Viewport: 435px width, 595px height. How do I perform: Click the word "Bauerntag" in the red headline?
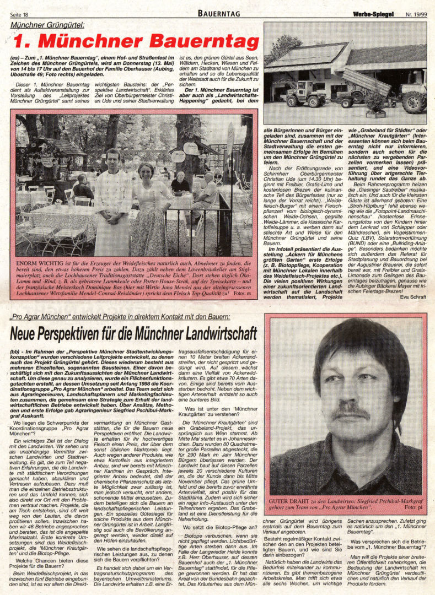(203, 42)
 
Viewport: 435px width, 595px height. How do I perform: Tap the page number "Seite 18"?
(19, 14)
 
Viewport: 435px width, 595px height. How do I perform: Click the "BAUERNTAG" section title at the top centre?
(217, 13)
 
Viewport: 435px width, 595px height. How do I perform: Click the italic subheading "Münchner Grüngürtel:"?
(48, 25)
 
